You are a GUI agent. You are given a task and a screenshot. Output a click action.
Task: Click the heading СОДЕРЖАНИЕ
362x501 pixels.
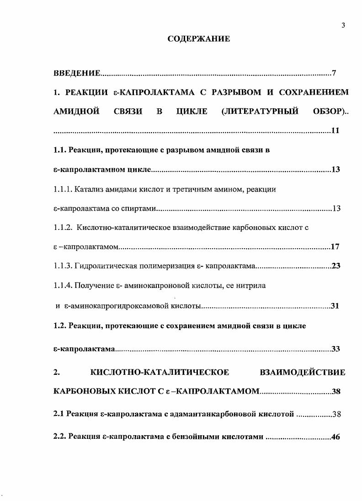click(198, 39)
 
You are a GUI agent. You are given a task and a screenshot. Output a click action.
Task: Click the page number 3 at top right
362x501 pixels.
click(343, 26)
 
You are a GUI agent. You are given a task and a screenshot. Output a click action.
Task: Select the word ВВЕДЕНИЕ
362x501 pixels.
click(76, 73)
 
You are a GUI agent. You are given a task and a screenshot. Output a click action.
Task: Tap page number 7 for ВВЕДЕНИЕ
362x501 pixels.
click(334, 73)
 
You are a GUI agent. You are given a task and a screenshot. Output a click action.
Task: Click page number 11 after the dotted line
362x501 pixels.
click(335, 131)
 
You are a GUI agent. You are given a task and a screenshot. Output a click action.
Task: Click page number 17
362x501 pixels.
click(335, 247)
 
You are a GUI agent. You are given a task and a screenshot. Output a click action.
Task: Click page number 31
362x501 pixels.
click(335, 306)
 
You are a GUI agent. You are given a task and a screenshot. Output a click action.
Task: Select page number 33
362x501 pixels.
click(336, 349)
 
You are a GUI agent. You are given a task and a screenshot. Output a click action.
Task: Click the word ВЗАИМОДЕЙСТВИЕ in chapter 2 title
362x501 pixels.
click(302, 373)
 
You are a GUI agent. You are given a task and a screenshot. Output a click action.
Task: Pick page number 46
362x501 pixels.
click(336, 437)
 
